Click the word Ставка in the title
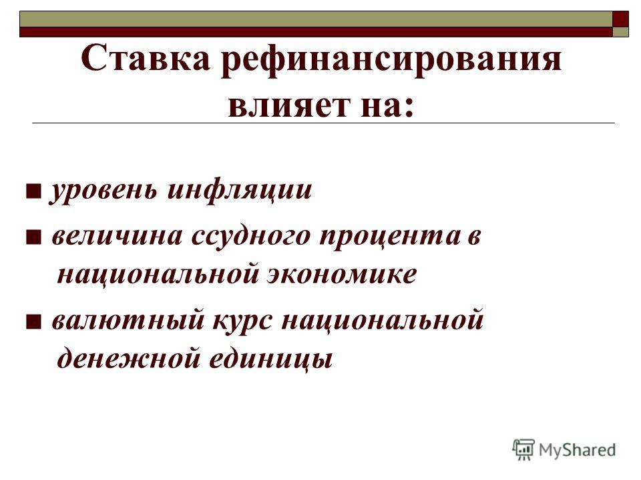[146, 58]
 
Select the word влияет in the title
[288, 106]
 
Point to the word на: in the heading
[387, 106]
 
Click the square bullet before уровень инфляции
[33, 191]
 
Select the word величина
[118, 236]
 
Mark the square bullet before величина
[33, 237]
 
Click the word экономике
[342, 274]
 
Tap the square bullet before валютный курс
[33, 321]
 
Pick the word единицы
[270, 359]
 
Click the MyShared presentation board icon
[523, 449]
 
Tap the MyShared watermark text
[577, 450]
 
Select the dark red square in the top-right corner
[620, 19]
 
